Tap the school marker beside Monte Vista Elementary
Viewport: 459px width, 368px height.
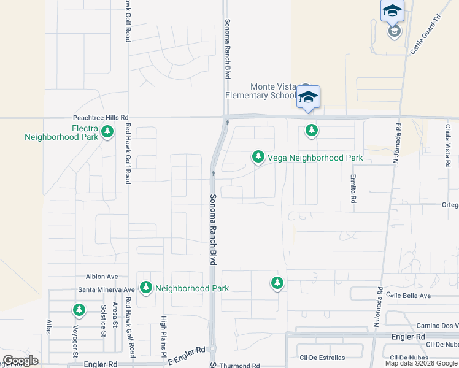coord(308,98)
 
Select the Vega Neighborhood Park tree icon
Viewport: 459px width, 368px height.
coord(258,158)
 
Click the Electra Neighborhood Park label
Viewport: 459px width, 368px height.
coord(61,132)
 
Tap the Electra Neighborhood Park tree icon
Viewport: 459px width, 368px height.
coord(108,131)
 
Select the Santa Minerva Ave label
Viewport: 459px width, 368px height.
coord(106,289)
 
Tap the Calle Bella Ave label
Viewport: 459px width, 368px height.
coord(425,296)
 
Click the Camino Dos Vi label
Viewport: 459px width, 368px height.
coord(437,325)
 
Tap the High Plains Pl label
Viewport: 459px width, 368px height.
coord(164,337)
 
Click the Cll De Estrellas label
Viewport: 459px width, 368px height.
coord(322,357)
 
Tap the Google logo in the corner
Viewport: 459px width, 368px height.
coord(20,361)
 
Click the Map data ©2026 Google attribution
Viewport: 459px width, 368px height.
coord(422,363)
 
